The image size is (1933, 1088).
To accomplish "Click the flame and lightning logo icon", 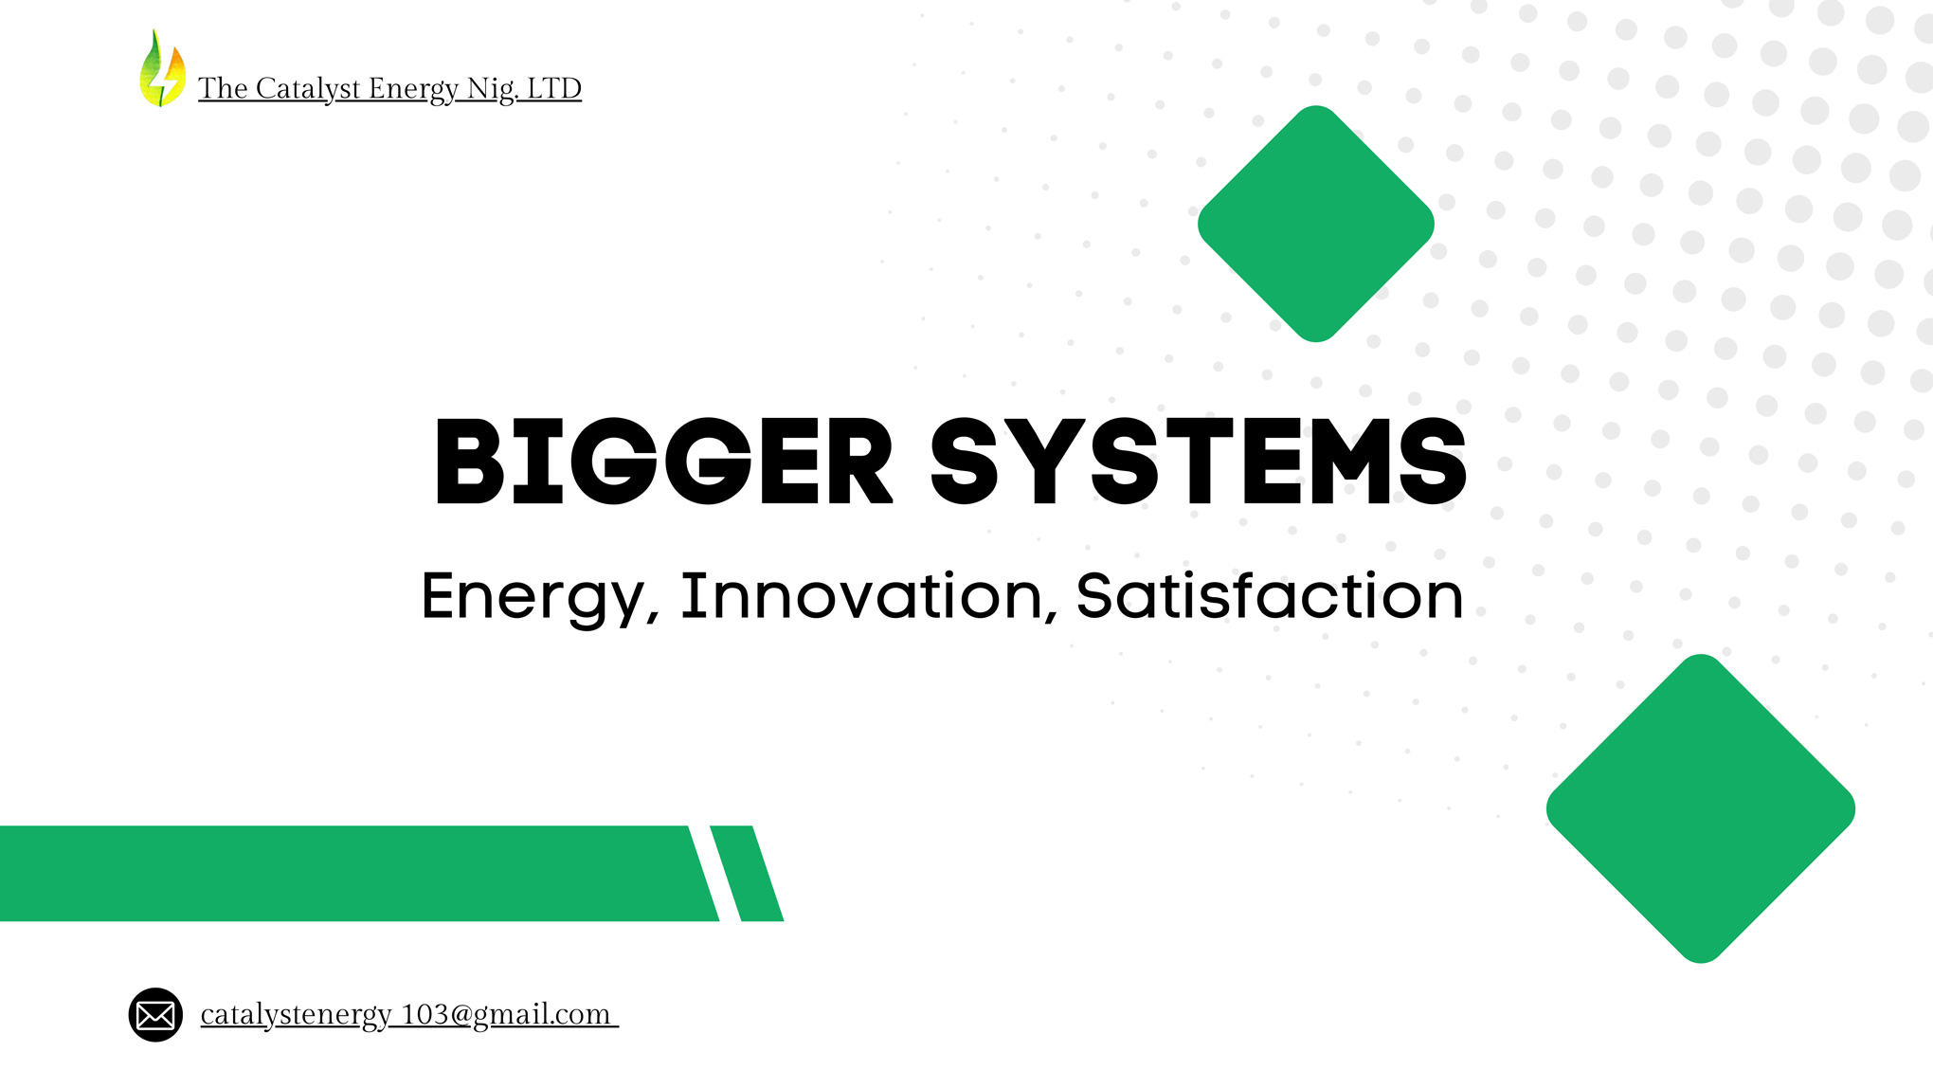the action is (x=162, y=68).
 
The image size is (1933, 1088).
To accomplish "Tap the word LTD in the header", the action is (x=553, y=88).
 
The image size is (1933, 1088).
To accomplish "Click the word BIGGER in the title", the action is (x=663, y=462).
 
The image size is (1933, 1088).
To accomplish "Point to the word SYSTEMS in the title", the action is (x=1199, y=462).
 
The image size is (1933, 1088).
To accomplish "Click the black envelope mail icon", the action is (x=155, y=1015).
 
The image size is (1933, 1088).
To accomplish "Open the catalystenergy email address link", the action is (x=409, y=1014).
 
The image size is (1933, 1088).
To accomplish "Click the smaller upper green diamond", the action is (x=1316, y=224).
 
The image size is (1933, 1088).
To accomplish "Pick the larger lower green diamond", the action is (x=1701, y=808).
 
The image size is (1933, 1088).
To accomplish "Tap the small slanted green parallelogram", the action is (x=747, y=873).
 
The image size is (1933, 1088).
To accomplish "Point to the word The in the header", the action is (x=223, y=88).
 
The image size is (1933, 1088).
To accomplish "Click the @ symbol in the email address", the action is (x=461, y=1015).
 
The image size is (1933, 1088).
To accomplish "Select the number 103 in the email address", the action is (x=424, y=1014).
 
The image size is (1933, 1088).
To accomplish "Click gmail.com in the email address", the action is (x=542, y=1015).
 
